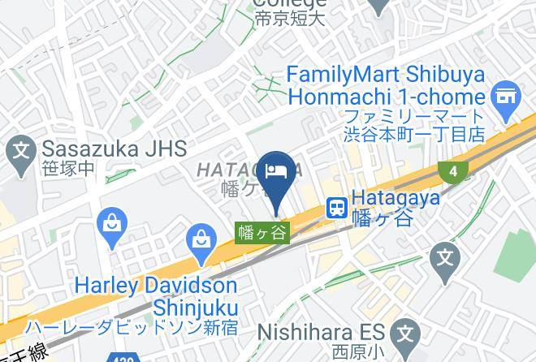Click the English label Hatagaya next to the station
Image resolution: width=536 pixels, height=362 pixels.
[x=396, y=197]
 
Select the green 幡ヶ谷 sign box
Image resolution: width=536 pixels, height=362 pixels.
[x=262, y=232]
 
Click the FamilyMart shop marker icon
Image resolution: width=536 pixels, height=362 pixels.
[x=506, y=95]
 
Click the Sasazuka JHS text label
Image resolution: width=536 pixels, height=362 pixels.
[x=114, y=149]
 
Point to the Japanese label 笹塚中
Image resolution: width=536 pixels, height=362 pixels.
[x=68, y=170]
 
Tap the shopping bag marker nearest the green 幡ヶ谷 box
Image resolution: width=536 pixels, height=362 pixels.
[x=200, y=239]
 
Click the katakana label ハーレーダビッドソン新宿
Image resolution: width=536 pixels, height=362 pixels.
[x=132, y=328]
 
